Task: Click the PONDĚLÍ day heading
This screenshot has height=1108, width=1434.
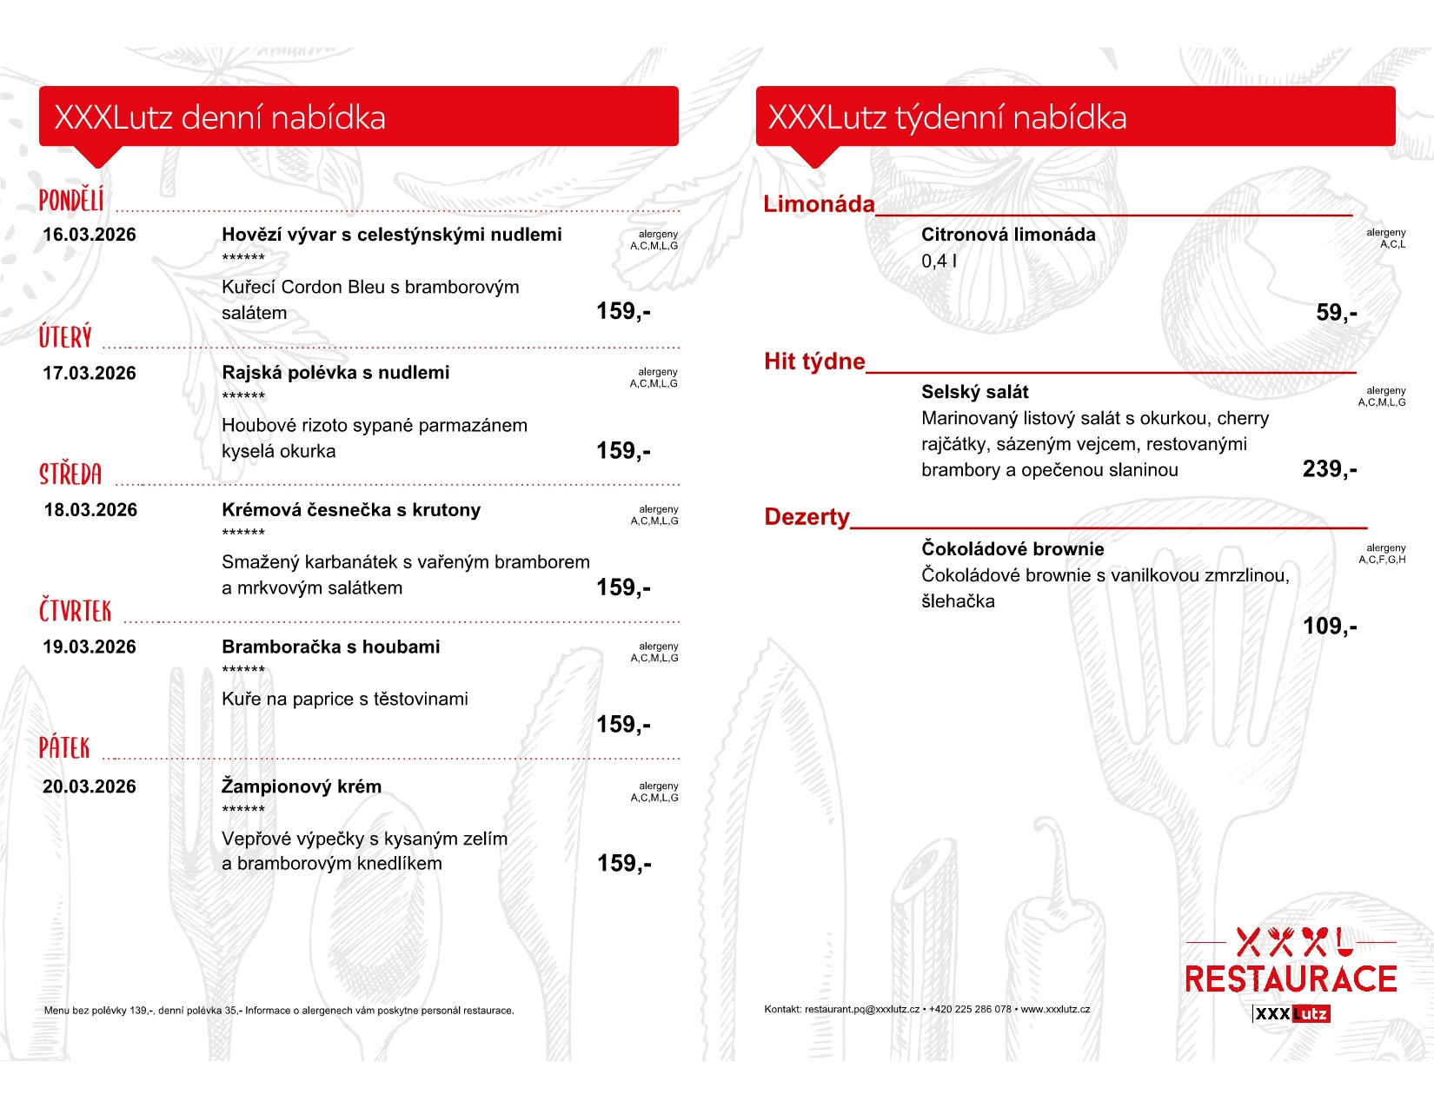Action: point(71,201)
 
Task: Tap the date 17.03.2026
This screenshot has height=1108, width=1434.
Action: point(90,374)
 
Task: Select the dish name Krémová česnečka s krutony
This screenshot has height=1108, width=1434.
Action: point(350,510)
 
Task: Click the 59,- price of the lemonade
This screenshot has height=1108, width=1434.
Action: point(1336,313)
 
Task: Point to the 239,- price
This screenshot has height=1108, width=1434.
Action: point(1329,469)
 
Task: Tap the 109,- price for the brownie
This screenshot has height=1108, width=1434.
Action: point(1329,627)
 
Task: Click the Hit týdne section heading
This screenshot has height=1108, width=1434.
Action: point(814,362)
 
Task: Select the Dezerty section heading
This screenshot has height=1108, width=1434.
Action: point(807,517)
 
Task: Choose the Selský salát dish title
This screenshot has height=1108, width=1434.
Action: point(974,392)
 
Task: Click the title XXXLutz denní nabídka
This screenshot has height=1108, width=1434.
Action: point(220,117)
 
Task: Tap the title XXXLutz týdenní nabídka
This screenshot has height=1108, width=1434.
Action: point(946,117)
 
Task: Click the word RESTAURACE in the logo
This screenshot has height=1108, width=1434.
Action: point(1291,979)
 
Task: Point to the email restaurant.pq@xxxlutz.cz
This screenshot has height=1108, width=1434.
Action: point(861,1010)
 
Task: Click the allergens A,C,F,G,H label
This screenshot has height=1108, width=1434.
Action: point(1382,560)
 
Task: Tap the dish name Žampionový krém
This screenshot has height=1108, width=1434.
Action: point(301,786)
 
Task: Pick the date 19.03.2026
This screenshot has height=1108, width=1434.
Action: point(90,647)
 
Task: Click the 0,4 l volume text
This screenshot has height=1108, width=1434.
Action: point(939,261)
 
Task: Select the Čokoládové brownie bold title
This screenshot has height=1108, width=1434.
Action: point(1012,549)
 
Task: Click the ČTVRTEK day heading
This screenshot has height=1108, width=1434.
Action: point(76,611)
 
